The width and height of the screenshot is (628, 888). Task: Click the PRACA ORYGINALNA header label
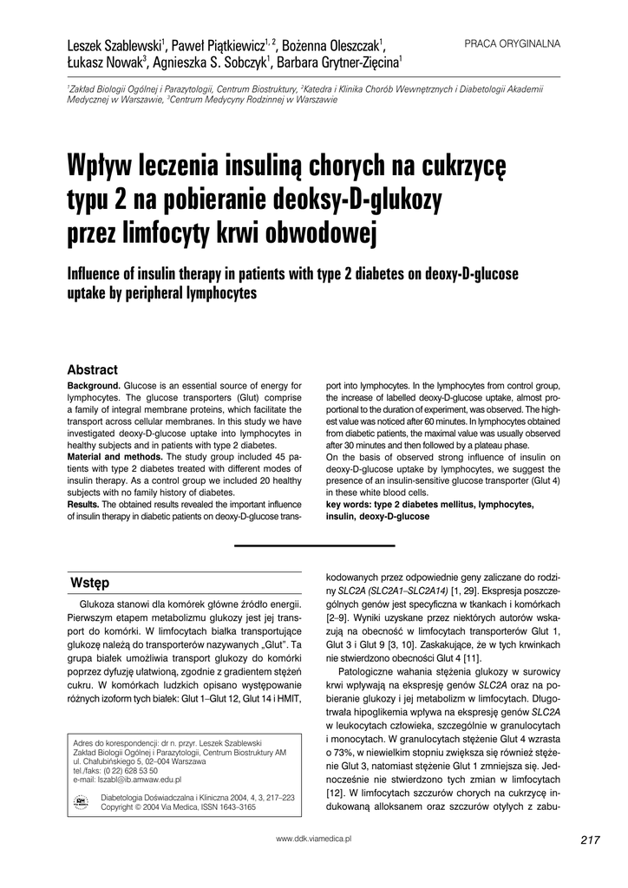tap(513, 43)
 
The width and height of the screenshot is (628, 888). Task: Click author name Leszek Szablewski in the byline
tap(117, 45)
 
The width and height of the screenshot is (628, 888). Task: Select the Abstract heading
tap(92, 369)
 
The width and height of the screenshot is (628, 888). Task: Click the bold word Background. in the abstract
tap(94, 385)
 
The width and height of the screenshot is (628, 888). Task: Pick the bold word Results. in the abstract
tap(83, 504)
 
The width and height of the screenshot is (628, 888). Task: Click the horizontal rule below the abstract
tap(314, 545)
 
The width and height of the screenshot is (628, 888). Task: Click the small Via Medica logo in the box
tap(82, 801)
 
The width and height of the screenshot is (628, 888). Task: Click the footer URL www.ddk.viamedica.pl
tap(314, 839)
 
